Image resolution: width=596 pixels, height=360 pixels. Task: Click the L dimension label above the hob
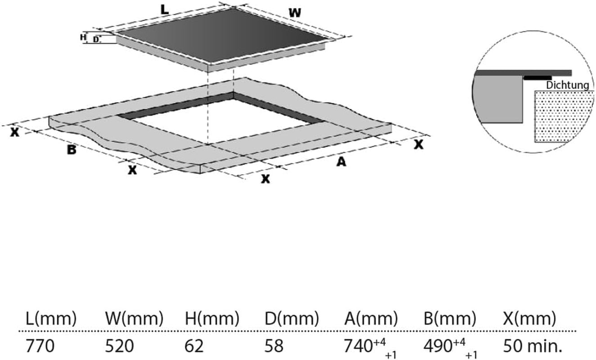[165, 10]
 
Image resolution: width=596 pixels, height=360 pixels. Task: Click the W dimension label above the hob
[295, 13]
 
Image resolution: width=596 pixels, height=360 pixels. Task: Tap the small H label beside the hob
[83, 37]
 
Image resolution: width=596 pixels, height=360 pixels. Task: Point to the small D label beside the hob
[95, 40]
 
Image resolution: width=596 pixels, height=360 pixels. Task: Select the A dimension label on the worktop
[341, 162]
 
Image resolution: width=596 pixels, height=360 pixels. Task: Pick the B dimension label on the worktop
[72, 150]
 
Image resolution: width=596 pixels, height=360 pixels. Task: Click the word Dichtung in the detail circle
[568, 85]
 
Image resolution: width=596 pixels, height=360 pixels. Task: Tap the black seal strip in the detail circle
[538, 78]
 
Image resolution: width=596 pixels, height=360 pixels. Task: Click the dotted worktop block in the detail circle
[564, 117]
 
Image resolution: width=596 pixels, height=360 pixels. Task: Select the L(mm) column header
[51, 318]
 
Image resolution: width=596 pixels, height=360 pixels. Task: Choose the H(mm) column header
[212, 318]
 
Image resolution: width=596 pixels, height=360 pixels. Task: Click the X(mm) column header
[529, 318]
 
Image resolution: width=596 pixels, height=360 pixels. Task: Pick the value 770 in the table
[40, 346]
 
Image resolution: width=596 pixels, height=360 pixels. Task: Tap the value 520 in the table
[119, 346]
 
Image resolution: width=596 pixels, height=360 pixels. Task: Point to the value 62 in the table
[194, 346]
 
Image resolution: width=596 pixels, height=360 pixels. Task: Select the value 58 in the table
[274, 346]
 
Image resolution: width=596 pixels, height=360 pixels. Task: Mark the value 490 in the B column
[438, 346]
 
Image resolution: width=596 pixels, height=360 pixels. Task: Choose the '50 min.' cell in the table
[533, 346]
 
